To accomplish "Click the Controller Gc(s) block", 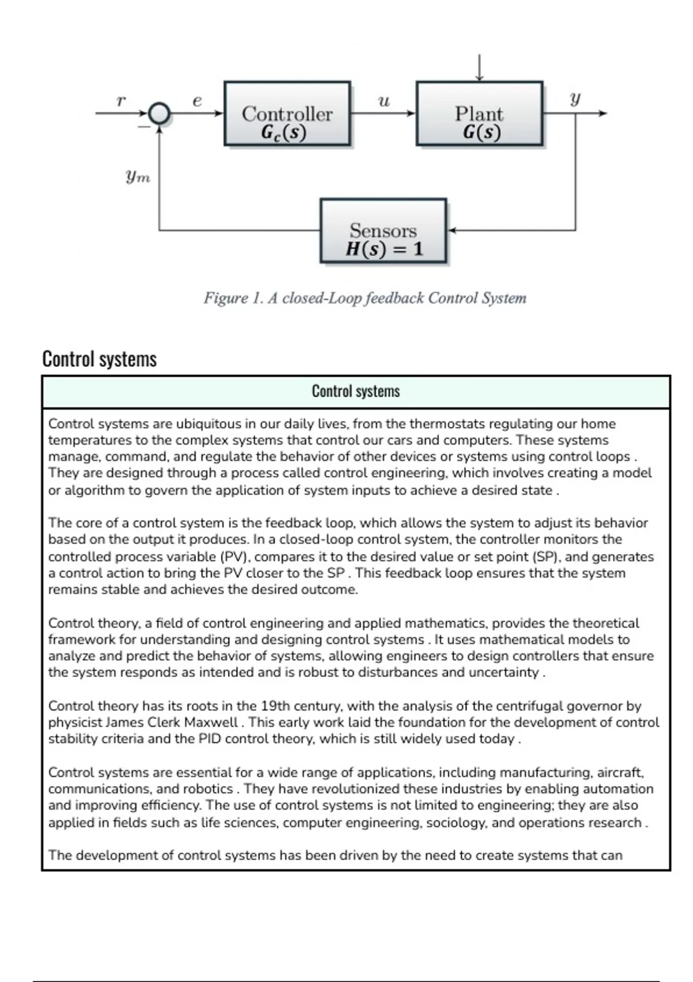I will pos(287,113).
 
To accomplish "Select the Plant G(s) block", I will pos(479,113).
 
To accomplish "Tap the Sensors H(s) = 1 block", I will pos(383,231).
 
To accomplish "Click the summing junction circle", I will pos(159,113).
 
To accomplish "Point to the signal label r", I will pos(120,101).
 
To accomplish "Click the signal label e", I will pos(197,101).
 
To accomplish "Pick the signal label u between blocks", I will pos(383,102).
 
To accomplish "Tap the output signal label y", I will pos(575,99).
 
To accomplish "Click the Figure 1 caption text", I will pos(364,298).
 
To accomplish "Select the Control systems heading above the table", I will pos(99,359).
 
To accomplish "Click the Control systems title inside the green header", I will pos(356,391).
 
